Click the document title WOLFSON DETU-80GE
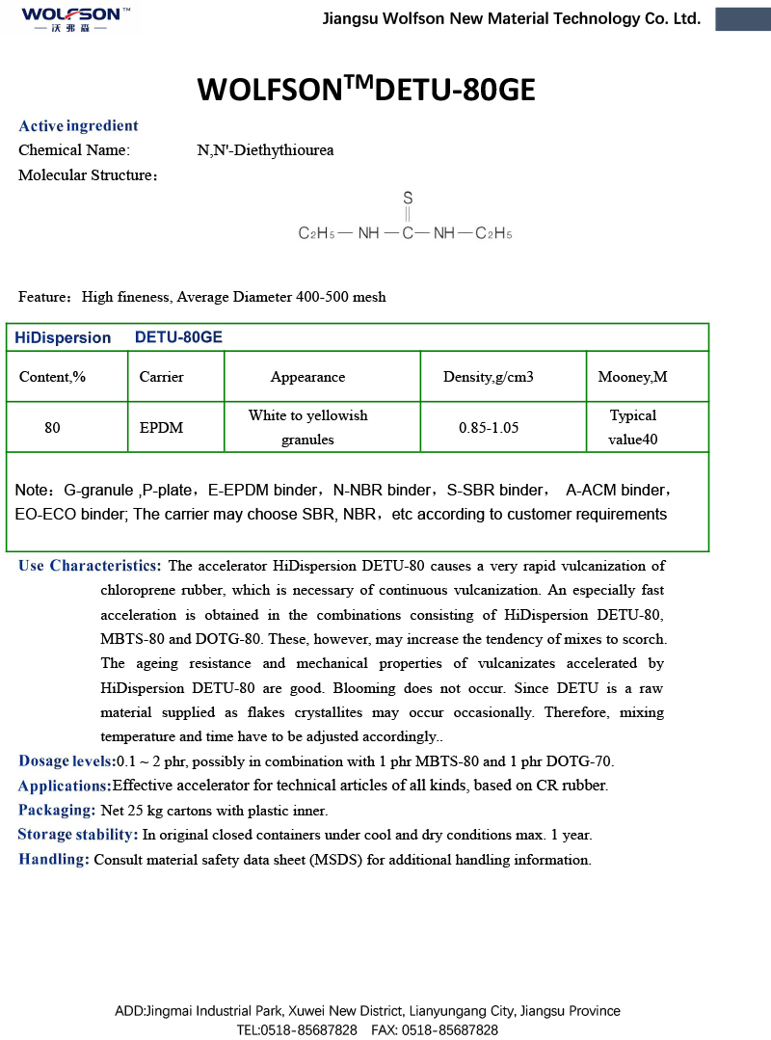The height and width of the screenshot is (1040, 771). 366,90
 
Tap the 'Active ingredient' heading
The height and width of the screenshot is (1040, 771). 78,126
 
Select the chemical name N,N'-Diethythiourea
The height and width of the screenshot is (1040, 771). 265,150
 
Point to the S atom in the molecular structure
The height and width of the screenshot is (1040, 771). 408,198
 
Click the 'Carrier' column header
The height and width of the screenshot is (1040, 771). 161,377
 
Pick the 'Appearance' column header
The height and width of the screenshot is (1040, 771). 307,377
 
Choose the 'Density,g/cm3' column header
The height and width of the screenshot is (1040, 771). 488,377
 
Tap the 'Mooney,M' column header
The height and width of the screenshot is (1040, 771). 632,377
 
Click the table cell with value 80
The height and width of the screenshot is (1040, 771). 52,427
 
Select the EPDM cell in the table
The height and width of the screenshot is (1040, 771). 161,427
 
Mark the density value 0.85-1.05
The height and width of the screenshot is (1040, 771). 489,427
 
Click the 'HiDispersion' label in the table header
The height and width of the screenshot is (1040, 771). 63,337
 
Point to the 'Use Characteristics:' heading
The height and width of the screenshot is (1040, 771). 90,566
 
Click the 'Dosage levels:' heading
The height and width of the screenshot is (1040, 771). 66,761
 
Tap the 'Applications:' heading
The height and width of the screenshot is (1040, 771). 65,786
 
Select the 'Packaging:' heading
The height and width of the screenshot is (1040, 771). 57,811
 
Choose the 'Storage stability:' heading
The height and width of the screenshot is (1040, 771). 78,835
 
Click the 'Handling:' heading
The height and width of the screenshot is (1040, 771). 54,860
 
